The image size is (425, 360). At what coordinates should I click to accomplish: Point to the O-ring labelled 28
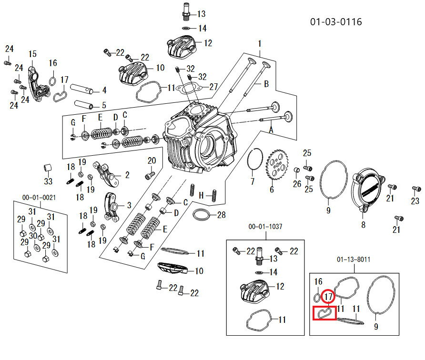pyautogui.click(x=202, y=215)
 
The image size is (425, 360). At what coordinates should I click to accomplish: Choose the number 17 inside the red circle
pyautogui.click(x=328, y=297)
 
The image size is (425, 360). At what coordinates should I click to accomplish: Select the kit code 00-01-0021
pyautogui.click(x=39, y=197)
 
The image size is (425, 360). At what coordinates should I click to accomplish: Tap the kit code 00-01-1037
pyautogui.click(x=265, y=227)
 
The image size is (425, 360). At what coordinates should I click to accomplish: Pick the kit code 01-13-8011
pyautogui.click(x=354, y=260)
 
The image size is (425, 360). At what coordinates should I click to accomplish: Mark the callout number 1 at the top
pyautogui.click(x=260, y=44)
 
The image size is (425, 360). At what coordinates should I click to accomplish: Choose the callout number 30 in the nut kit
pyautogui.click(x=32, y=236)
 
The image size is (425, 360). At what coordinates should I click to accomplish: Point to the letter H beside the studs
pyautogui.click(x=201, y=195)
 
